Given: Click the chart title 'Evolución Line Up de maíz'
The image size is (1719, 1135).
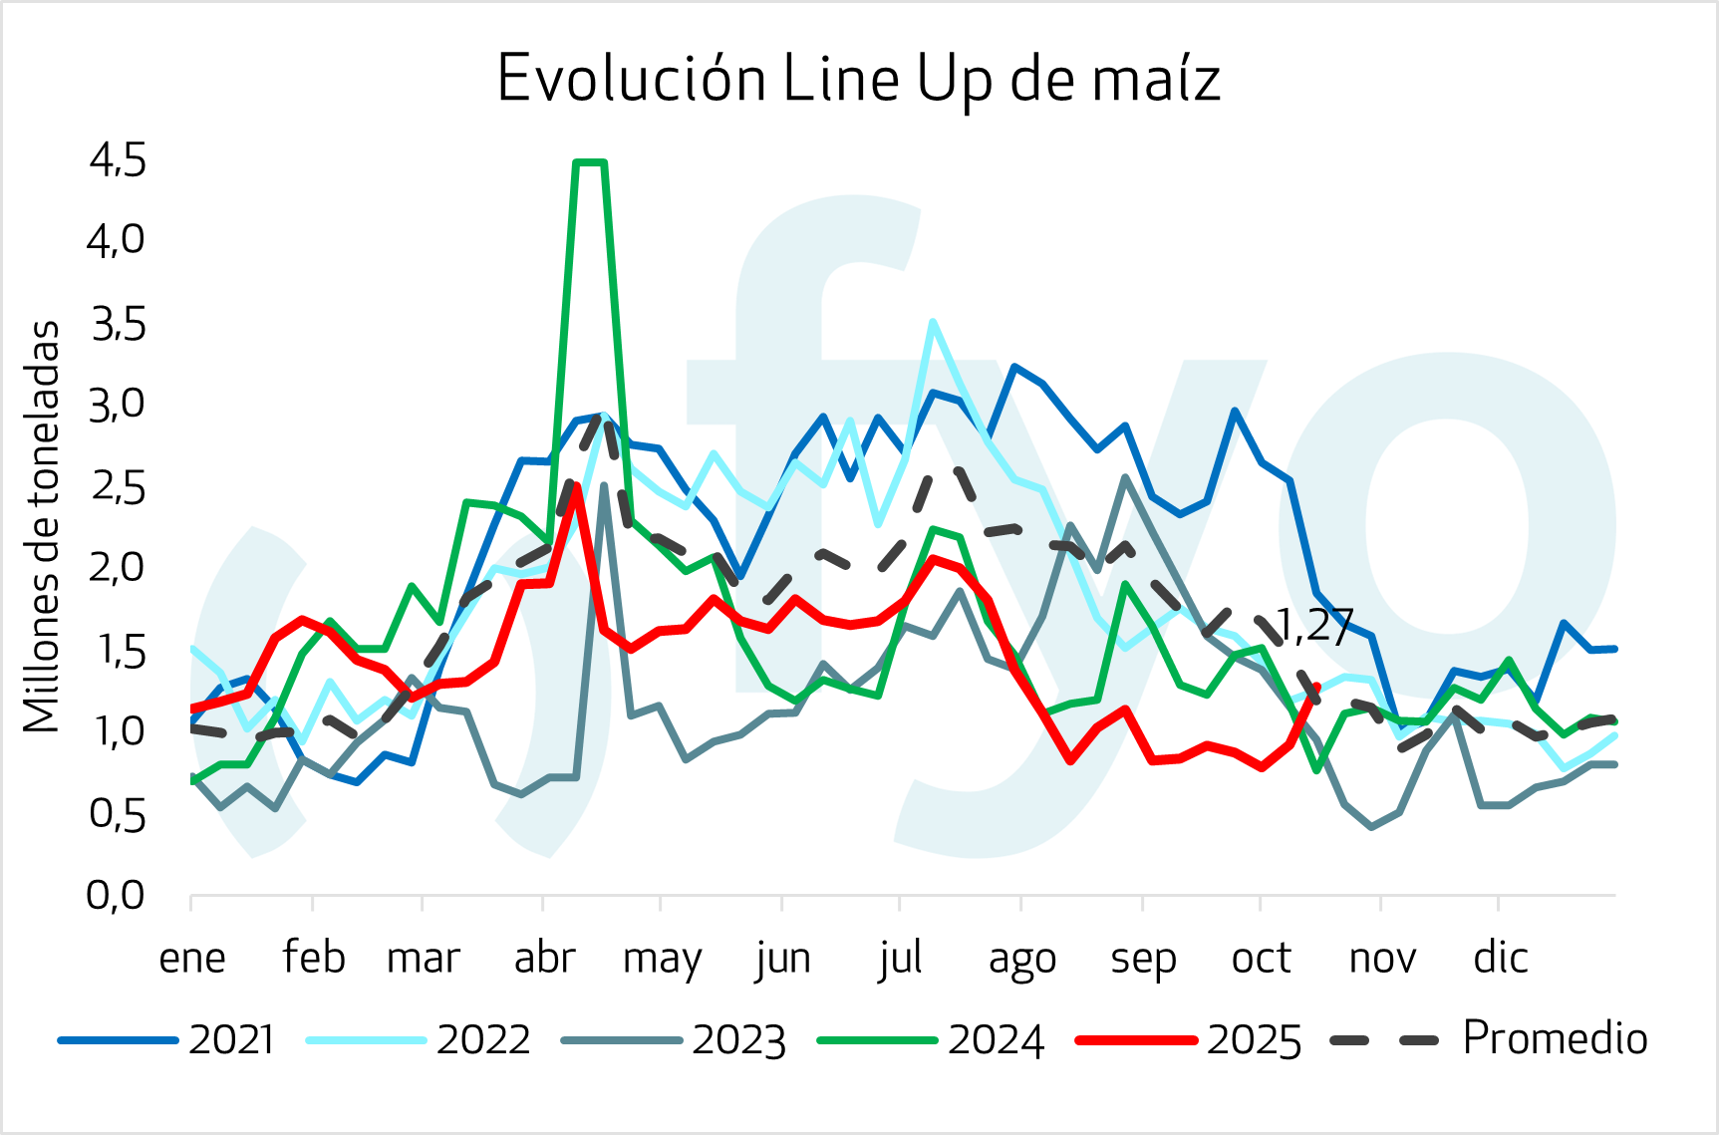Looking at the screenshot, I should pyautogui.click(x=858, y=78).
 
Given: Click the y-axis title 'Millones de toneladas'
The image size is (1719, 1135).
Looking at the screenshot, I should pyautogui.click(x=42, y=527).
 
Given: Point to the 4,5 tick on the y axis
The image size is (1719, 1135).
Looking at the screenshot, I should pyautogui.click(x=118, y=159).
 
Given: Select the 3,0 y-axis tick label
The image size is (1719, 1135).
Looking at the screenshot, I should pyautogui.click(x=118, y=405).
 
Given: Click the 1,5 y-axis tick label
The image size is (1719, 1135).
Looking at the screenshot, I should pyautogui.click(x=118, y=650).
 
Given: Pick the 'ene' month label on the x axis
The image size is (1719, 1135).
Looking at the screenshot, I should pyautogui.click(x=192, y=958).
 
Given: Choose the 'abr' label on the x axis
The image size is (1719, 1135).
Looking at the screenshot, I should pyautogui.click(x=544, y=958).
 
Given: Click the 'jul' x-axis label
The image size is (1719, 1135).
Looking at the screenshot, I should pyautogui.click(x=901, y=958).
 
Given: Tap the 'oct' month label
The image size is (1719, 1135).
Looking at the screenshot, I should pyautogui.click(x=1261, y=958).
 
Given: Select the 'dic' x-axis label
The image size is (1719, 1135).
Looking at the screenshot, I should pyautogui.click(x=1501, y=958).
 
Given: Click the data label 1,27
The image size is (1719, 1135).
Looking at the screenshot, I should pyautogui.click(x=1313, y=627).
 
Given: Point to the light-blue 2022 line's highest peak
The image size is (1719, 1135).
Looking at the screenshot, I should pyautogui.click(x=932, y=322).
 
